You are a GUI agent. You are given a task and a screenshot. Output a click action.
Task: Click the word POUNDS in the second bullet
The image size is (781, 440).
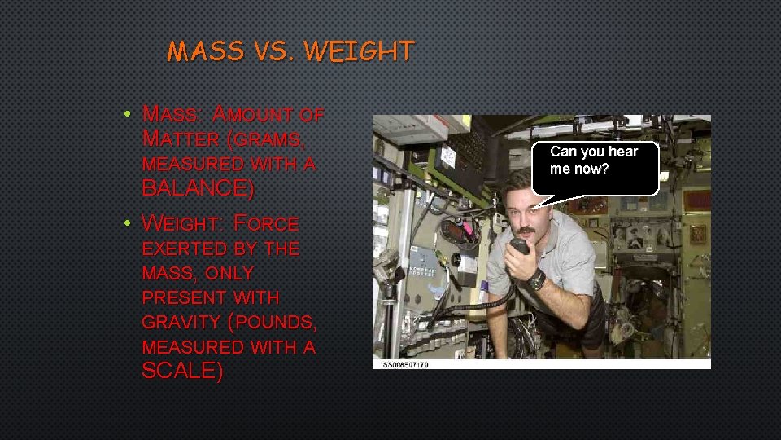277,322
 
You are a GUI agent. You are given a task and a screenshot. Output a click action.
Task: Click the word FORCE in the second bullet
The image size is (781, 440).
265,223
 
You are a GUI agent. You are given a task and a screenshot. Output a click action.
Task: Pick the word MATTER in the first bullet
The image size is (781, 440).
180,139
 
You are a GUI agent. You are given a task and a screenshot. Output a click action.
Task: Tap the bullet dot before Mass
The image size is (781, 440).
129,113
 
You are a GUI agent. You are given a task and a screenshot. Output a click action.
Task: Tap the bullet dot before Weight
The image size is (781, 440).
129,222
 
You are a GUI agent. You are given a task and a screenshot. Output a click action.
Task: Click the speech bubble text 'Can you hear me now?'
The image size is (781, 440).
594,161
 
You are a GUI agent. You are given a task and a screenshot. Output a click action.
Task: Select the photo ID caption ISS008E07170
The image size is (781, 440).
404,364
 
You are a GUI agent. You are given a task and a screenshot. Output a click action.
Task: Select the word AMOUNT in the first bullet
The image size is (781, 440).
256,113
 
